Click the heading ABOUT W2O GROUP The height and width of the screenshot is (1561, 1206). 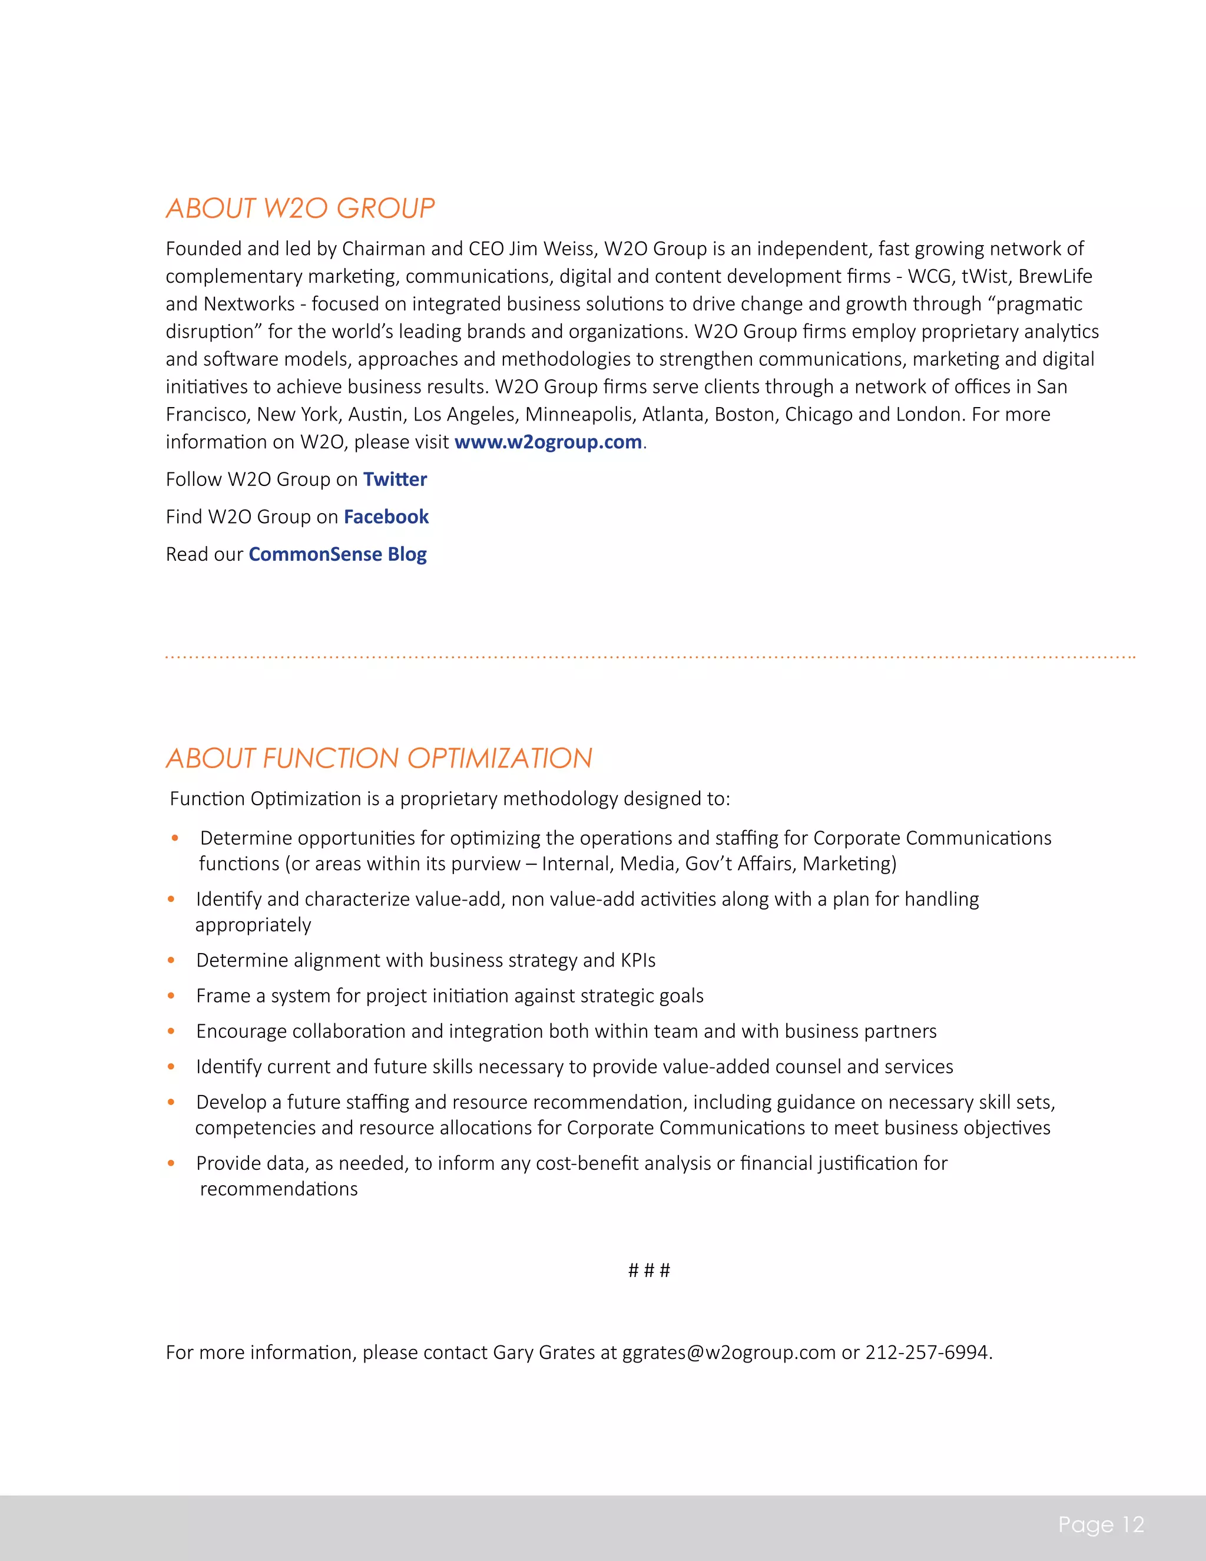tap(300, 208)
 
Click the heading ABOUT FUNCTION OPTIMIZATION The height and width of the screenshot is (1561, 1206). tap(379, 758)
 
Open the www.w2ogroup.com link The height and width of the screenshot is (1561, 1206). tap(548, 442)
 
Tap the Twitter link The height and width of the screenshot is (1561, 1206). tap(395, 479)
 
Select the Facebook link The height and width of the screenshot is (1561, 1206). tap(386, 517)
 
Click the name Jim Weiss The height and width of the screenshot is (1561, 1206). tap(552, 249)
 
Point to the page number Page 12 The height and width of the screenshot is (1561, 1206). tap(1101, 1524)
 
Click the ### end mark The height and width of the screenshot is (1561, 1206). tap(649, 1270)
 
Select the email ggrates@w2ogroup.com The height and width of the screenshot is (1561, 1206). tap(729, 1352)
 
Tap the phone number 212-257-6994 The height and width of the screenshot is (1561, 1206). tap(927, 1352)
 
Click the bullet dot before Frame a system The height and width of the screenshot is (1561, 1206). tap(171, 996)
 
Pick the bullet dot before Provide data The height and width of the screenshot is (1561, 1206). tap(171, 1163)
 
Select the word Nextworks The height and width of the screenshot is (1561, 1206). tap(249, 304)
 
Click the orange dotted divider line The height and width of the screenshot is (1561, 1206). tap(650, 656)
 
